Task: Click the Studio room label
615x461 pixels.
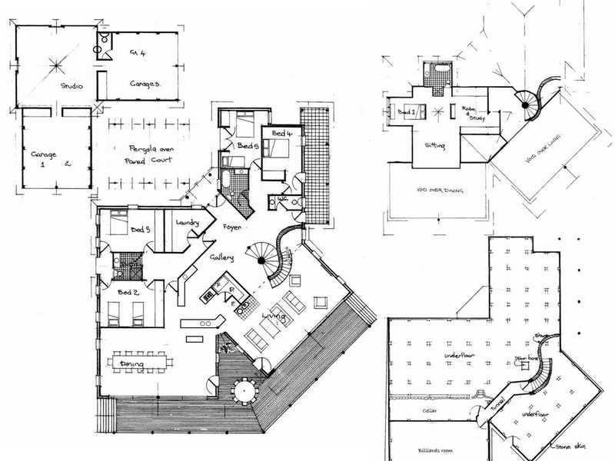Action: [71, 86]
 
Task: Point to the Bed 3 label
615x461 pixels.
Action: [139, 229]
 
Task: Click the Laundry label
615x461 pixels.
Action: [188, 223]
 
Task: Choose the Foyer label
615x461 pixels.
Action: [232, 228]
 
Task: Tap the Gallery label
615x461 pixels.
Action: [221, 258]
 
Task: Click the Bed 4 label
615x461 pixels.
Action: [281, 134]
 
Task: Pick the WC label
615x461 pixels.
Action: [282, 198]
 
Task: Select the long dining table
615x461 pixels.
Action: [141, 361]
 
